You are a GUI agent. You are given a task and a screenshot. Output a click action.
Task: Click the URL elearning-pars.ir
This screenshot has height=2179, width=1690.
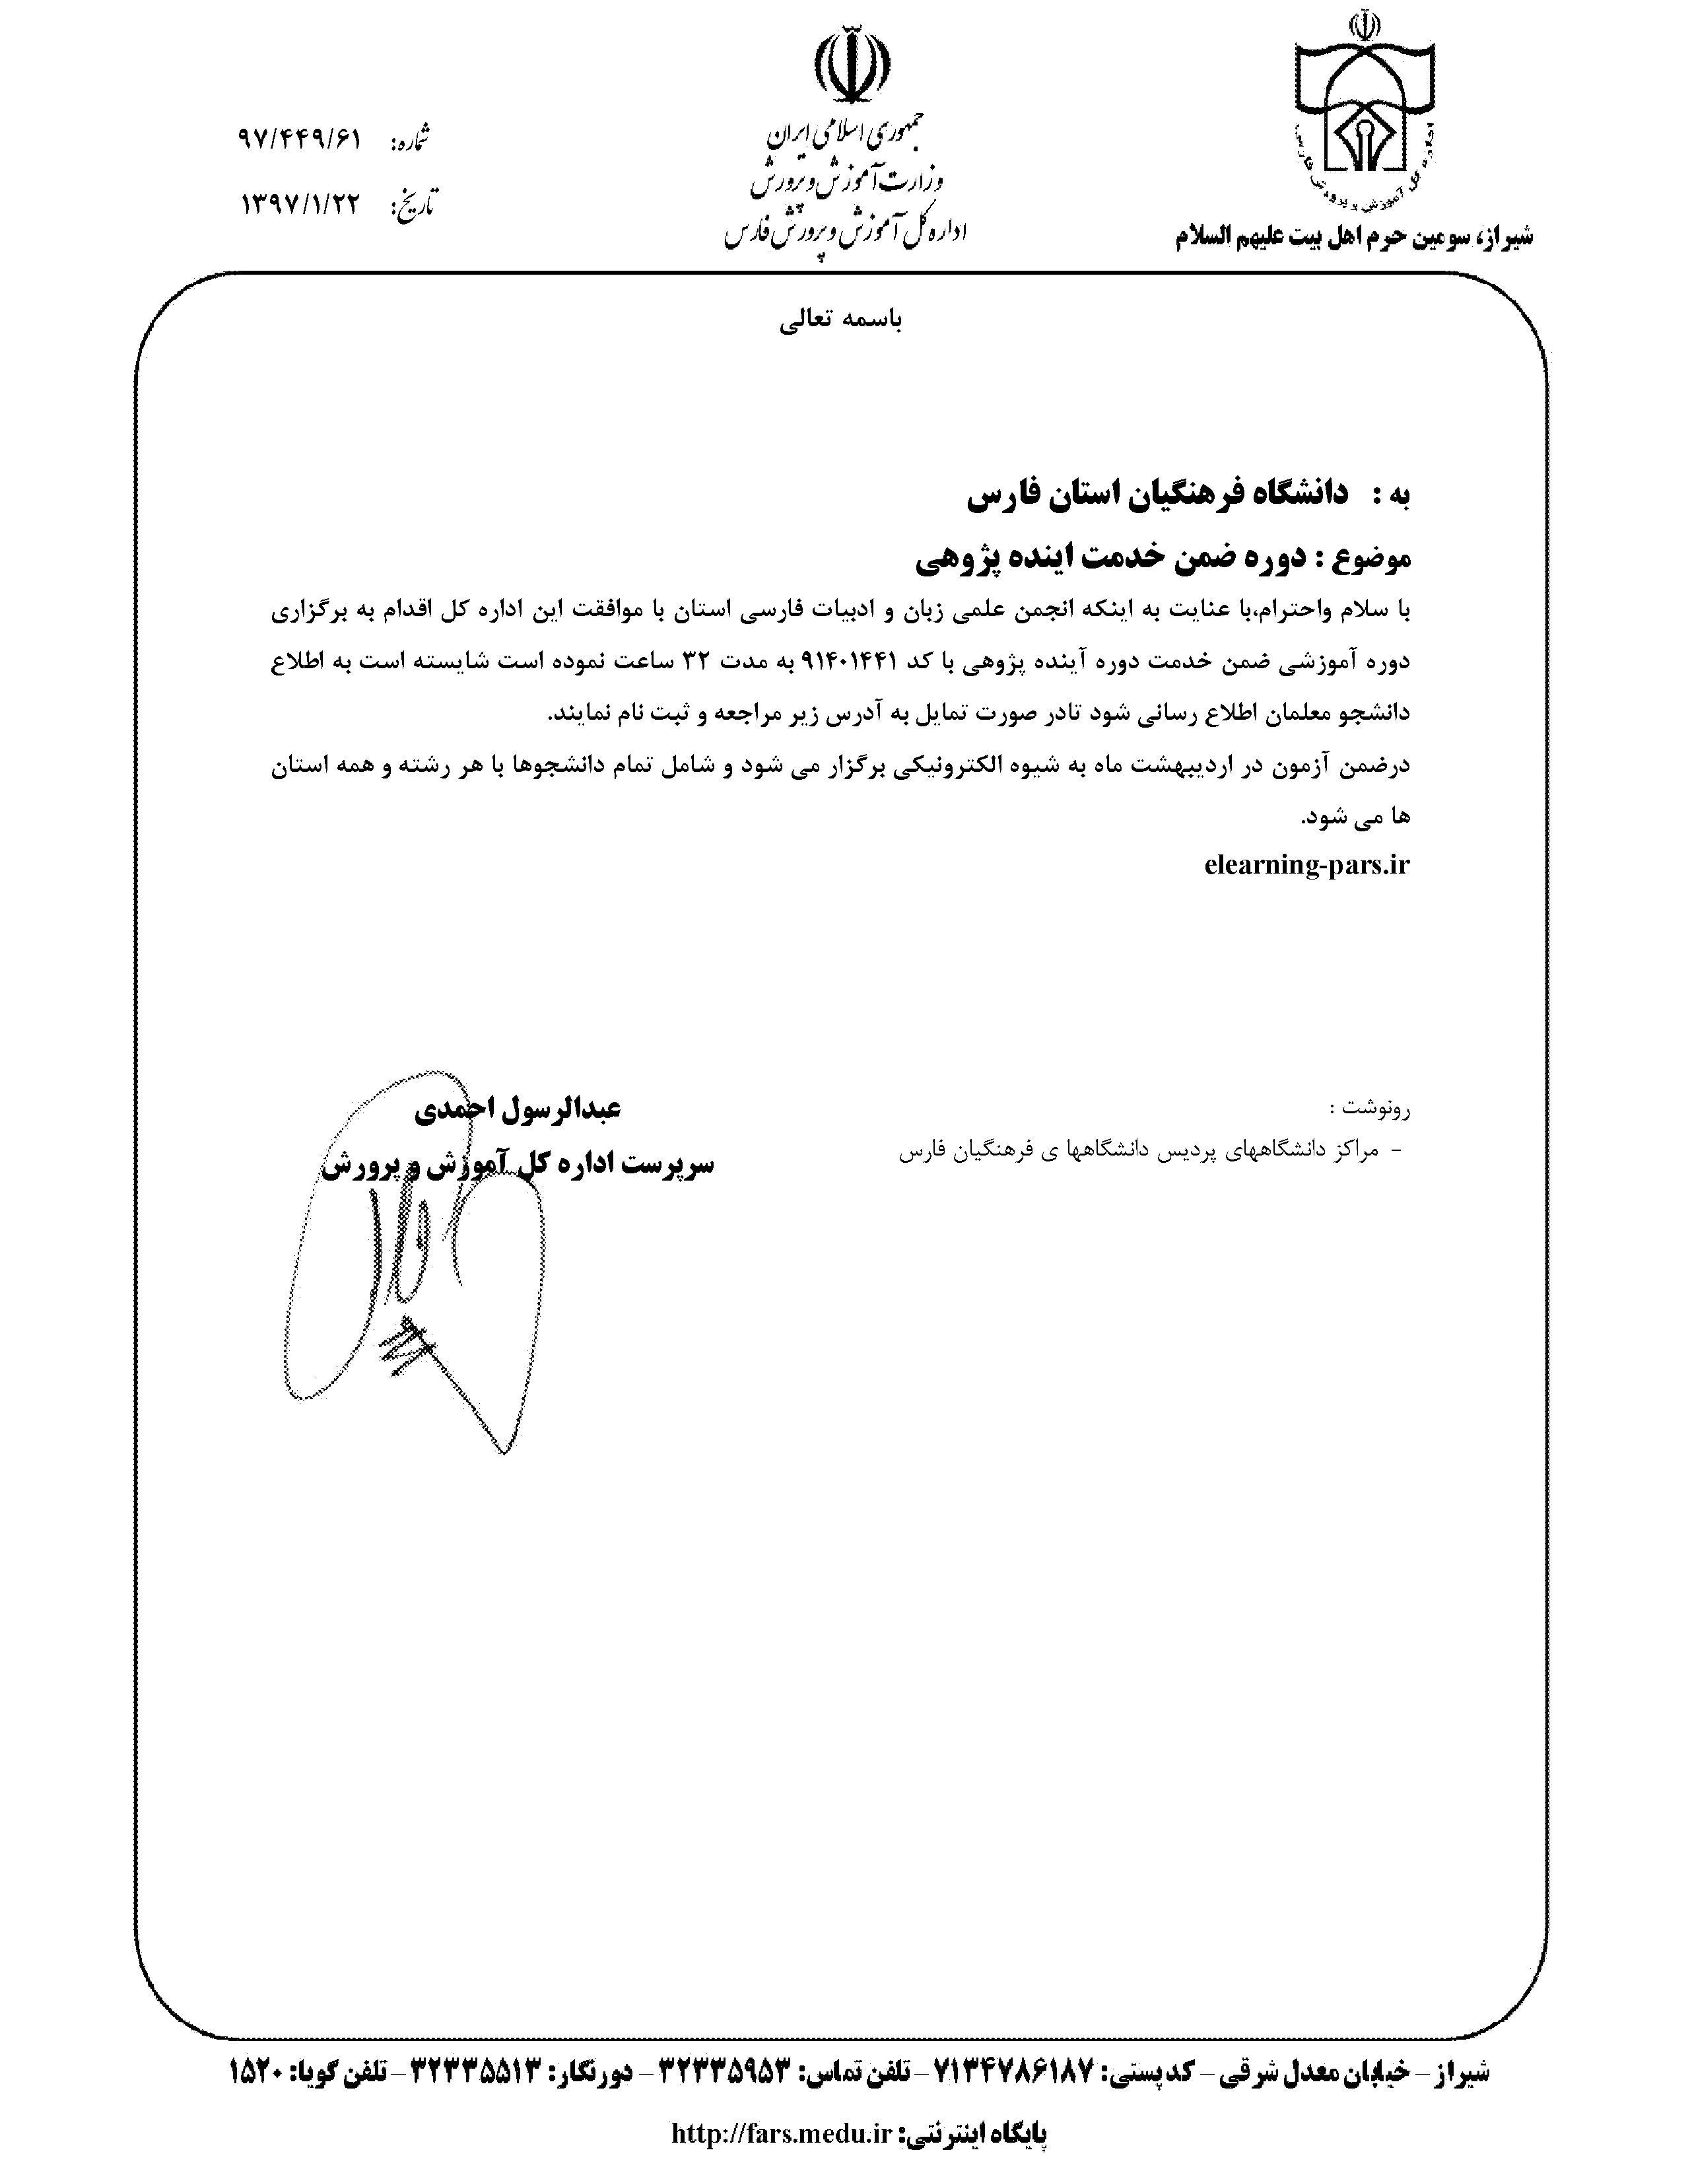coord(1307,864)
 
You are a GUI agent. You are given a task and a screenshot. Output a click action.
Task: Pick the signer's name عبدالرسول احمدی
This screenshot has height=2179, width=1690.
coord(520,1109)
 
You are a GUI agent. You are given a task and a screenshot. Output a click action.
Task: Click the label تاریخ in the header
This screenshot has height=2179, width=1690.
coord(412,207)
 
